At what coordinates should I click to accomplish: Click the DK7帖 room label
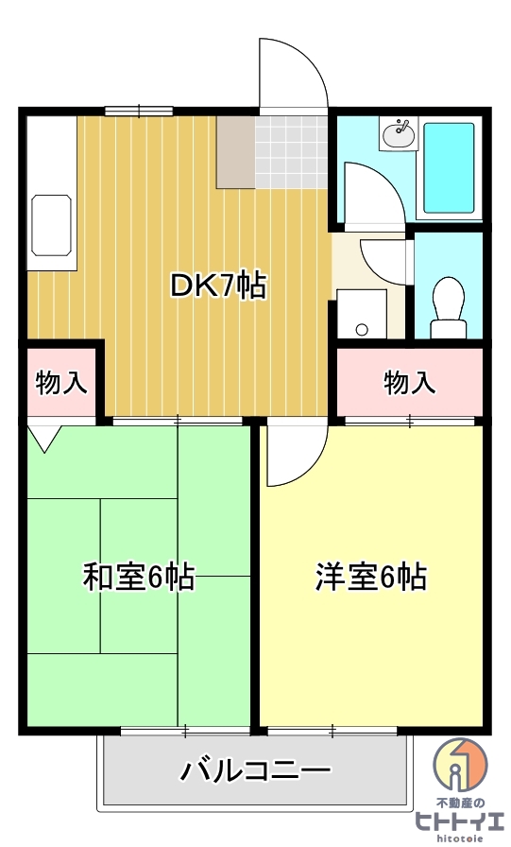click(217, 285)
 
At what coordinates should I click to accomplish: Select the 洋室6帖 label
click(370, 577)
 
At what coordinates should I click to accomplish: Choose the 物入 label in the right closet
click(410, 383)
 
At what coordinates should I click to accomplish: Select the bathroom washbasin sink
click(399, 135)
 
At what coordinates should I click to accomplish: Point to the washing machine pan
click(362, 313)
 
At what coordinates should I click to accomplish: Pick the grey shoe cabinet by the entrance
click(235, 151)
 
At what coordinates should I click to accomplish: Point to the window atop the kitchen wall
click(138, 111)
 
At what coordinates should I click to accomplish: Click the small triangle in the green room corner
click(44, 436)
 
